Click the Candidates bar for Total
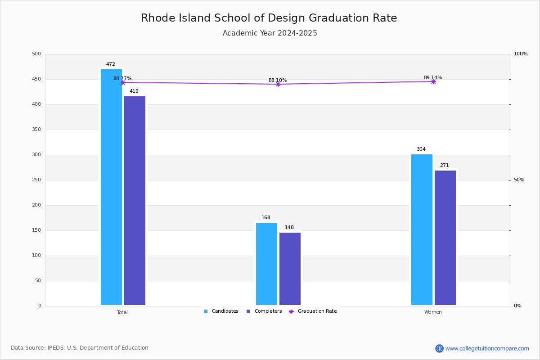(x=111, y=187)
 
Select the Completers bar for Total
(x=135, y=201)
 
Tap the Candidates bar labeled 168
(x=266, y=264)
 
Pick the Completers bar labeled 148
(x=290, y=269)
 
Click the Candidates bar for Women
(x=422, y=229)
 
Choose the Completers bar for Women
(x=445, y=238)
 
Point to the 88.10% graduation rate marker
(x=278, y=84)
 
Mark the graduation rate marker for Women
(x=433, y=81)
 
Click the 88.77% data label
(x=122, y=79)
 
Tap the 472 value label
(x=111, y=64)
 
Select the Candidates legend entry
(x=221, y=311)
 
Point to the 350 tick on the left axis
(x=36, y=130)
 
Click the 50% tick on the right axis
(x=519, y=180)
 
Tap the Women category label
(x=433, y=312)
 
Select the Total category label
(x=122, y=312)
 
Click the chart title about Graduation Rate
(x=269, y=18)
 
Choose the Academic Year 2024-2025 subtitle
(x=270, y=33)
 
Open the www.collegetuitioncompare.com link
(x=487, y=348)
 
